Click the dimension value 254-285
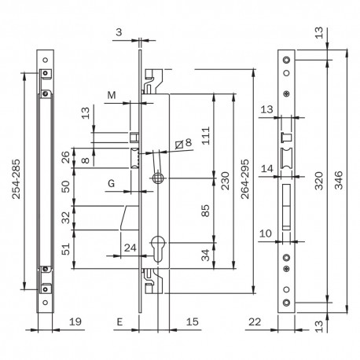(x=17, y=178)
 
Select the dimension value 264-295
(x=245, y=178)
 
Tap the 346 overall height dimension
(x=339, y=180)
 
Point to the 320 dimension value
(x=319, y=181)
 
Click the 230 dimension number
(x=225, y=181)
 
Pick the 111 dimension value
(x=206, y=135)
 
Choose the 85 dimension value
(x=206, y=211)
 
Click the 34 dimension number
(x=206, y=255)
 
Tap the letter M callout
(x=112, y=95)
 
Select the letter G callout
(x=112, y=183)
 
